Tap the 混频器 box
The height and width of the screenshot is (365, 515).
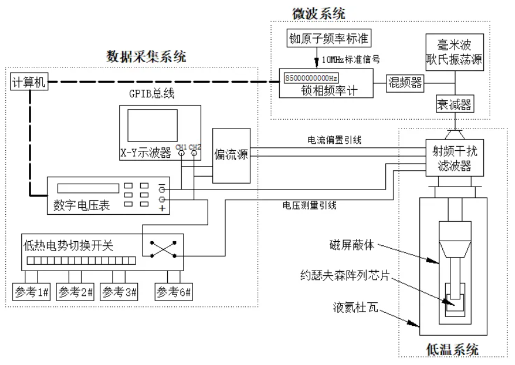tap(404, 82)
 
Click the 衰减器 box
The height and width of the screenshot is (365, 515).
tap(454, 105)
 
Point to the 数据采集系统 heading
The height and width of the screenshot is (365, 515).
tap(146, 56)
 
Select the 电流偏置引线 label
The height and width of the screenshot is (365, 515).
tap(329, 140)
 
